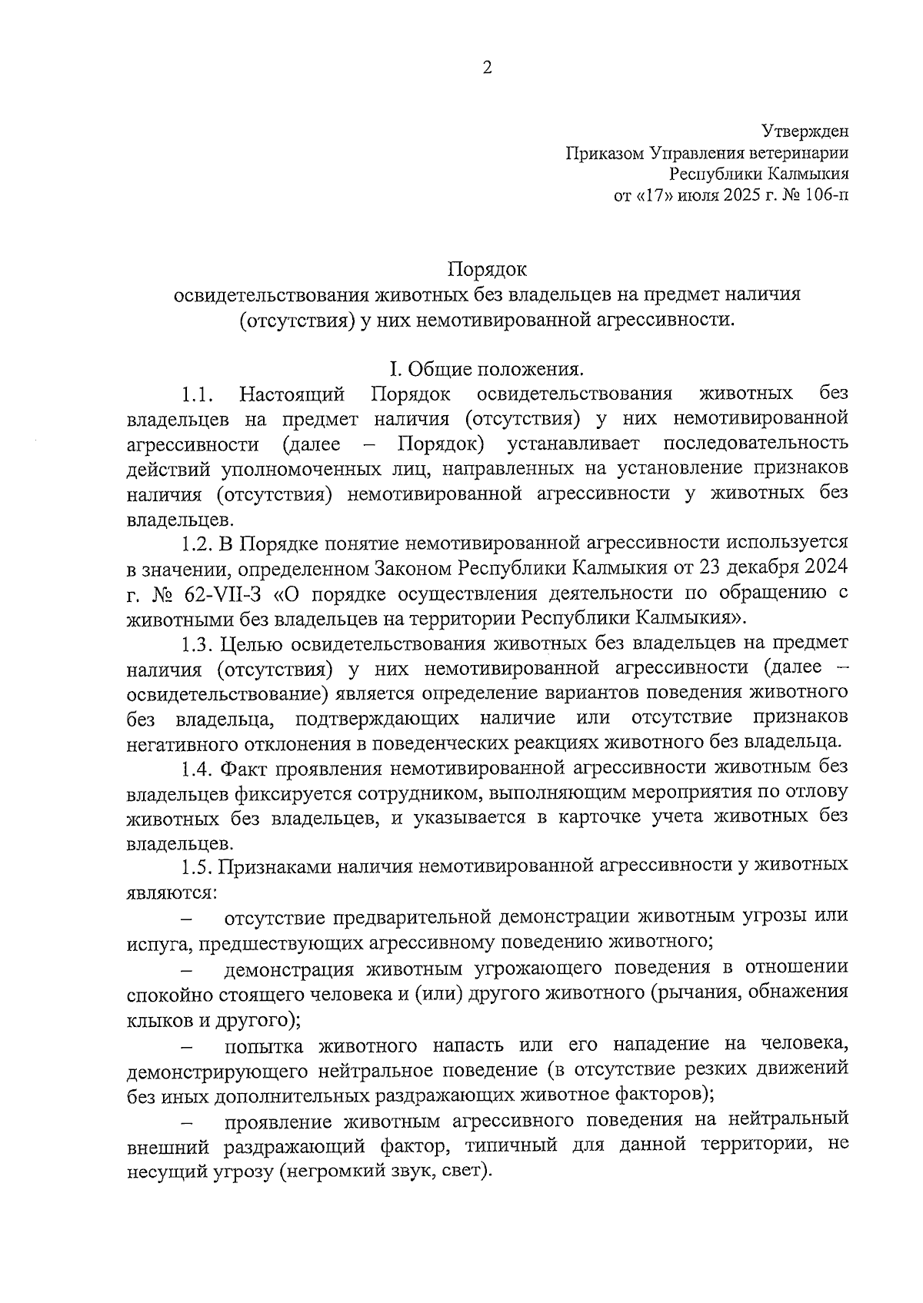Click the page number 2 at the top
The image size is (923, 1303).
click(486, 68)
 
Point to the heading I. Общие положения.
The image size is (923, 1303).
click(486, 369)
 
